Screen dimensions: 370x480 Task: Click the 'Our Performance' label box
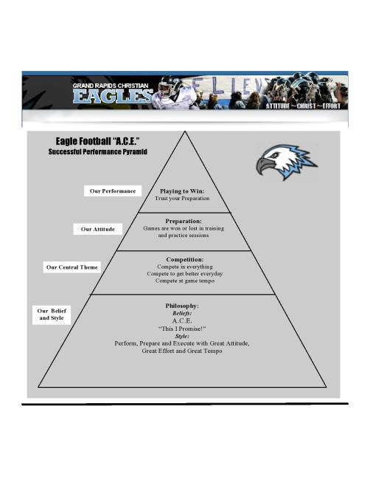click(x=113, y=191)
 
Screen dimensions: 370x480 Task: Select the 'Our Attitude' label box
click(x=98, y=229)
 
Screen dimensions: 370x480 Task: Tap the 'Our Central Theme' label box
click(x=71, y=267)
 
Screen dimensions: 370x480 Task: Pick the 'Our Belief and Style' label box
click(x=52, y=315)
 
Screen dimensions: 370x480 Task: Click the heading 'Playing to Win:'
click(x=182, y=191)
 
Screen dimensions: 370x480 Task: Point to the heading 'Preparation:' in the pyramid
click(x=184, y=221)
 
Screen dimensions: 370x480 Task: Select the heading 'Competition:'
click(x=185, y=259)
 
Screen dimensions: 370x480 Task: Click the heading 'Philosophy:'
click(x=182, y=306)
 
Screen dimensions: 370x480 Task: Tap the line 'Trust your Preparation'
click(x=182, y=199)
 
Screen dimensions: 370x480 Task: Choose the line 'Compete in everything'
click(x=185, y=267)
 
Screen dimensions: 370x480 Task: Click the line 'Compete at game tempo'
click(x=185, y=281)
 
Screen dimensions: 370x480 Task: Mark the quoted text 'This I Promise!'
click(x=182, y=329)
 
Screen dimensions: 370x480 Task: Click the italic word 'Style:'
click(x=182, y=336)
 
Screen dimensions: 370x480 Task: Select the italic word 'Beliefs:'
click(x=182, y=313)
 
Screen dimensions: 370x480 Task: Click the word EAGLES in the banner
click(x=113, y=97)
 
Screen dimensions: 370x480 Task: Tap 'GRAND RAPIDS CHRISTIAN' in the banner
click(x=111, y=86)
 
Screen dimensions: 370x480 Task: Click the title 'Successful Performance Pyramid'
click(x=98, y=152)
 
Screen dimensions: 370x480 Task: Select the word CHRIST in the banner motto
click(x=306, y=106)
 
